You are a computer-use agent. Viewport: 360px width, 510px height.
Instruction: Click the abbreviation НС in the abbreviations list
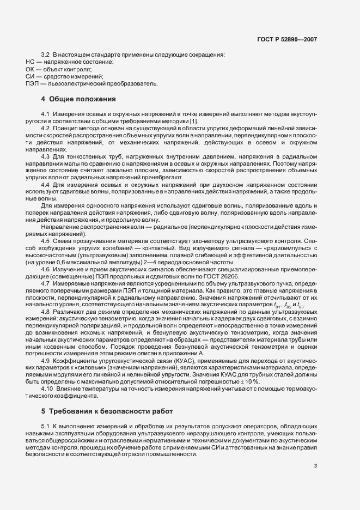point(30,63)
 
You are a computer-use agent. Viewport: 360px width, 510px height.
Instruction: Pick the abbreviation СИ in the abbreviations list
point(30,77)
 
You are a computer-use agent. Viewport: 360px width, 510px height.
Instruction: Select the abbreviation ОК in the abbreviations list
point(30,70)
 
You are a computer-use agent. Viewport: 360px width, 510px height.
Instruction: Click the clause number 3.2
point(46,55)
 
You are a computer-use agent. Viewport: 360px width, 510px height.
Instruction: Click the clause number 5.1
point(46,425)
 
